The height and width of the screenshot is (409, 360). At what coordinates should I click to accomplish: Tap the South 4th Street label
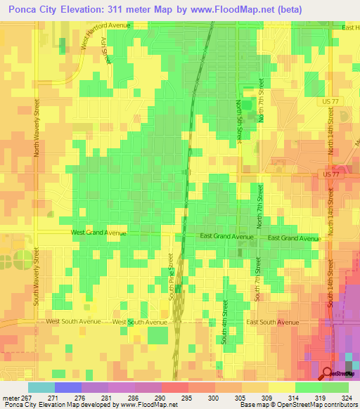[x=225, y=321]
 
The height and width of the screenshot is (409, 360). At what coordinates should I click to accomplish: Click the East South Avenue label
[x=273, y=322]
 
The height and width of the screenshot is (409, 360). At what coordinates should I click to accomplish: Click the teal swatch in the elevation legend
[x=41, y=387]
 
